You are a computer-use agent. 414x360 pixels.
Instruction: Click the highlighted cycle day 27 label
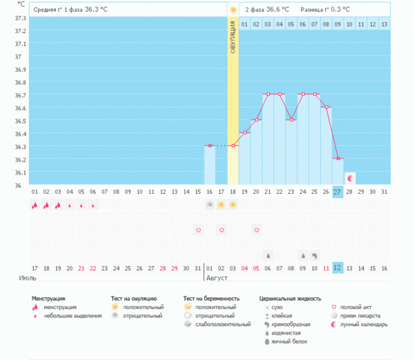[x=337, y=192]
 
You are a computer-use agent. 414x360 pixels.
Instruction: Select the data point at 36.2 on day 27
[x=338, y=159]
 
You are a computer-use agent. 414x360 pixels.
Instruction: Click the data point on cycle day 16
[x=209, y=146]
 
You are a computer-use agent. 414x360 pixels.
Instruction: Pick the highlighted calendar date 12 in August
[x=337, y=268]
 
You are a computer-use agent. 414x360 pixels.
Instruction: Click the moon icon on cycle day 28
[x=350, y=179]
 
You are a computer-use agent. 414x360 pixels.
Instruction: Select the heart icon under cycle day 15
[x=197, y=230]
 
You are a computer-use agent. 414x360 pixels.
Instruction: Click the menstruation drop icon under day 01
[x=34, y=205]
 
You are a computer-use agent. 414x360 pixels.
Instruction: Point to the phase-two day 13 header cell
[x=384, y=24]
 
